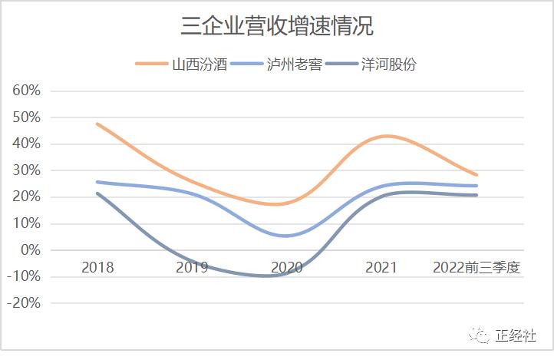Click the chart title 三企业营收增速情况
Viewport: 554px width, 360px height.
277,27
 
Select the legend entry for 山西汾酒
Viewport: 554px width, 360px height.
200,64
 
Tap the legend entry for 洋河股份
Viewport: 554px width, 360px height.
390,64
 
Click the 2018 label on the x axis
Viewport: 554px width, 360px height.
97,267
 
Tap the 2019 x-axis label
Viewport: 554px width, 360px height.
192,267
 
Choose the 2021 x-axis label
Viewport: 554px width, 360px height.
381,267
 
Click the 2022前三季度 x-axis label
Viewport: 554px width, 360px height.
476,267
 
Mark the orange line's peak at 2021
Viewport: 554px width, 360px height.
387,136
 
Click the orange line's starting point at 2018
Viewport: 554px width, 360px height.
97,124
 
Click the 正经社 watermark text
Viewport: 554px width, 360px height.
514,335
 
